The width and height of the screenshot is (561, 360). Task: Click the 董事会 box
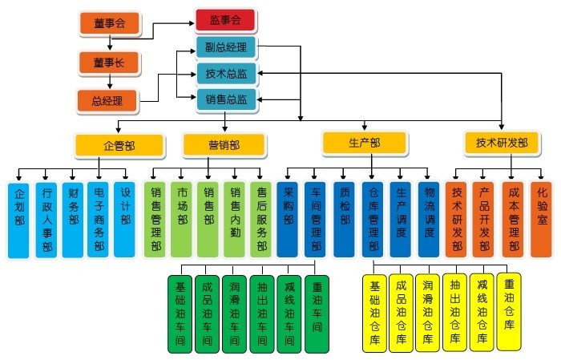110,23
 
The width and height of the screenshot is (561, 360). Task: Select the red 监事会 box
225,19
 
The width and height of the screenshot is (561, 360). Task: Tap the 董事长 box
108,62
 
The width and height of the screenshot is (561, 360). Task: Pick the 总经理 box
107,101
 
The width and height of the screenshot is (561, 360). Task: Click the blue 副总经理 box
225,47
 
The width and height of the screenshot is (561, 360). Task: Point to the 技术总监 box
225,75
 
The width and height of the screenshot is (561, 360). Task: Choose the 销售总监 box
225,99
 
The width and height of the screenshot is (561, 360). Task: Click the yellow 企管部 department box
119,145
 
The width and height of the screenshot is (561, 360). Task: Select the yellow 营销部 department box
224,145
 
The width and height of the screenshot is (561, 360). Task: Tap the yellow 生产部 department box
364,143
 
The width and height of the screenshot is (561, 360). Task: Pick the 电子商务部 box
99,219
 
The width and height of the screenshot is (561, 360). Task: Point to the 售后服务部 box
261,219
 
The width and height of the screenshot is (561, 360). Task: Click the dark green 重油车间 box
317,313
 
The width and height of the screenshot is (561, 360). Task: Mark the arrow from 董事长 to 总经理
108,81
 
